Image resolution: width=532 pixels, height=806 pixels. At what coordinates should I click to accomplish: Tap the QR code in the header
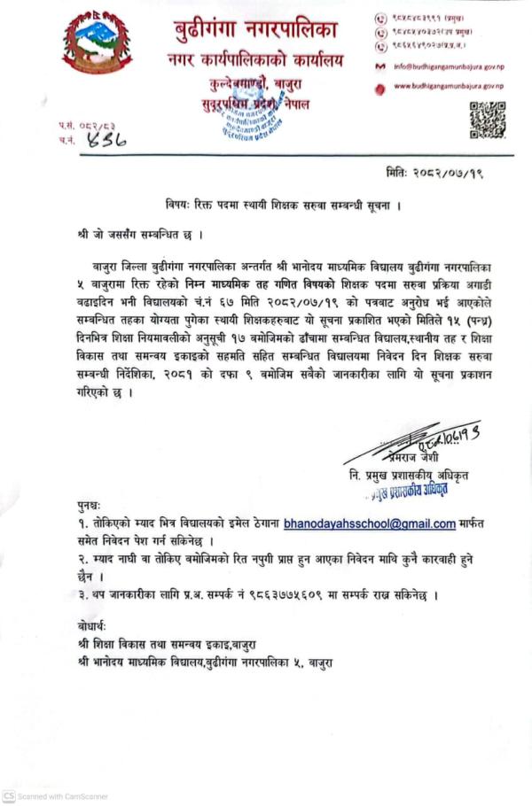click(x=487, y=120)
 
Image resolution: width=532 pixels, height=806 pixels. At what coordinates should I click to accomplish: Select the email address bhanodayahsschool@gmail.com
click(x=370, y=524)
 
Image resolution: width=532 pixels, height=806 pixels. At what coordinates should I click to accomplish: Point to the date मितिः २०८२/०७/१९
click(x=432, y=171)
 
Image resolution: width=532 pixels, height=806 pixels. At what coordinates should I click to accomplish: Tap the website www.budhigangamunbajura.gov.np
click(x=448, y=86)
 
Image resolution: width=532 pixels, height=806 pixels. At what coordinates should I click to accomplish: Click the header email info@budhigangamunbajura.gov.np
click(x=448, y=66)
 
